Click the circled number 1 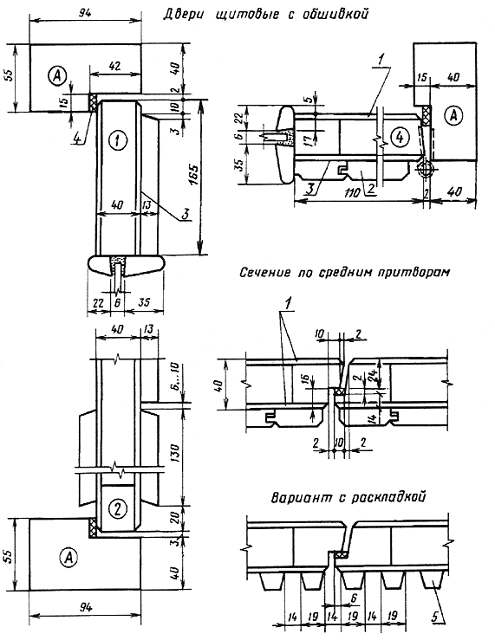point(117,140)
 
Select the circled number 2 point(118,508)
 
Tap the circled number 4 point(399,138)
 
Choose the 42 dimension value point(115,66)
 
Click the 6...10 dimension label point(175,381)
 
